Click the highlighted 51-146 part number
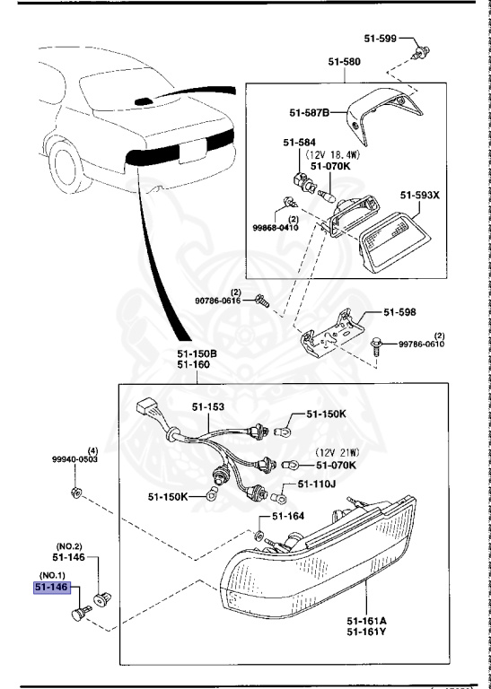click(51, 588)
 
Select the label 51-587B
click(310, 112)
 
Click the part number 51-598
click(401, 312)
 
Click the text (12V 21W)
click(336, 453)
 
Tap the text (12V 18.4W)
click(340, 154)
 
